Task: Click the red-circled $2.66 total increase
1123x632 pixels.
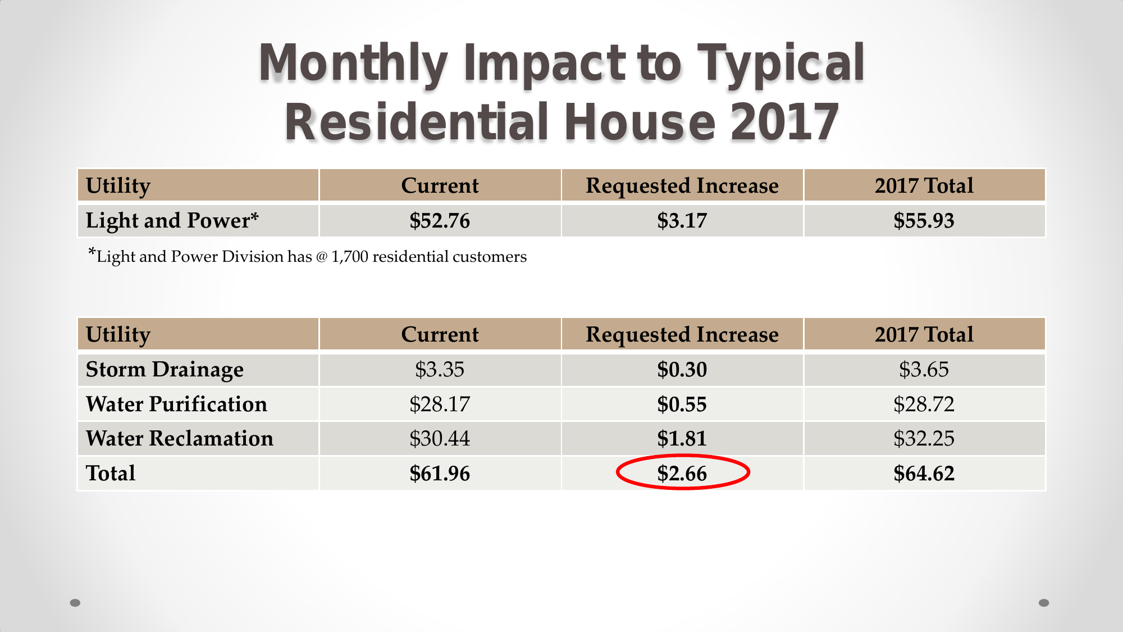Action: [682, 473]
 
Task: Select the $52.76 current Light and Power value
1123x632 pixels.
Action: [440, 221]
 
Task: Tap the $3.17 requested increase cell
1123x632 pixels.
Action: [682, 221]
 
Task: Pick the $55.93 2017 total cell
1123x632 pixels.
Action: [924, 221]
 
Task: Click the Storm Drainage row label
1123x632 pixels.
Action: [165, 370]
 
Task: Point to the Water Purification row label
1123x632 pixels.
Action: [176, 404]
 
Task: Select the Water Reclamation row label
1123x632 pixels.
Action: [180, 439]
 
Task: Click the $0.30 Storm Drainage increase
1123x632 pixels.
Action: [682, 370]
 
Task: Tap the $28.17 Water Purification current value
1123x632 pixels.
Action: [440, 404]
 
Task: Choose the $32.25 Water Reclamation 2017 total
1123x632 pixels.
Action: [924, 439]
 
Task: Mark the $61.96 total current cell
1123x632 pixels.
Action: [440, 474]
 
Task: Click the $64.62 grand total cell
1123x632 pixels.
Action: [924, 474]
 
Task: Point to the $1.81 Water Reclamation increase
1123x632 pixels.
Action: [682, 439]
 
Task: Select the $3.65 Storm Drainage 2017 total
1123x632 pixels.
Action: [924, 370]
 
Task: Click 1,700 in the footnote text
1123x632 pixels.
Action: [350, 257]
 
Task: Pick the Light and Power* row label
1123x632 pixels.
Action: [172, 221]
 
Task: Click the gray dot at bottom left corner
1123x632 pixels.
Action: [75, 603]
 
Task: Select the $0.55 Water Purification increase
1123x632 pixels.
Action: [682, 404]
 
